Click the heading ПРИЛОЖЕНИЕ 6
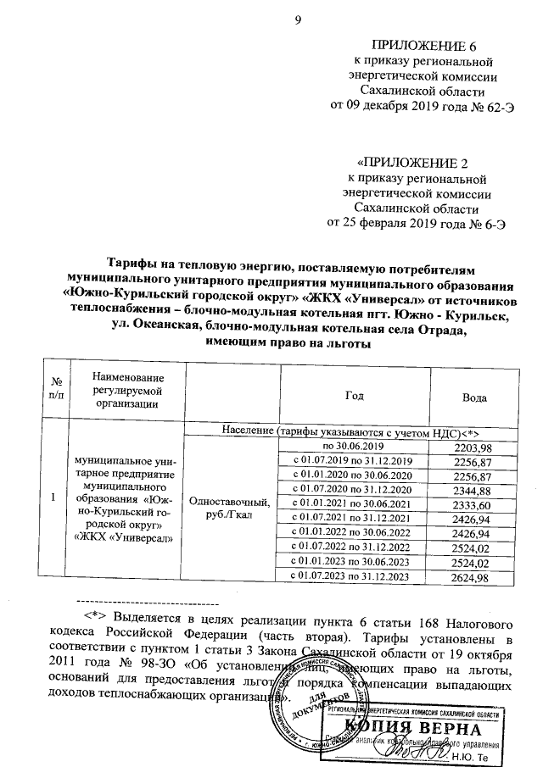[x=421, y=45]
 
